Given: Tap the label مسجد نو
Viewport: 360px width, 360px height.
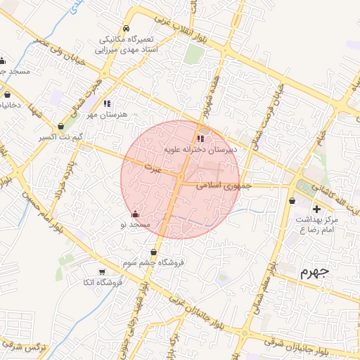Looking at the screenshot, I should click(x=136, y=224).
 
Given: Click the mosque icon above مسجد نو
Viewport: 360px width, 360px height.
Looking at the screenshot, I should click(x=136, y=213).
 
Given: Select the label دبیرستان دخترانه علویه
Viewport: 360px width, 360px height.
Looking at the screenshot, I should click(x=201, y=149).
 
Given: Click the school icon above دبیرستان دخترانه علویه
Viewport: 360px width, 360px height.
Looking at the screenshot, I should click(x=201, y=139).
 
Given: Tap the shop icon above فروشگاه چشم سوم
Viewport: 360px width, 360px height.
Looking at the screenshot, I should click(x=153, y=252).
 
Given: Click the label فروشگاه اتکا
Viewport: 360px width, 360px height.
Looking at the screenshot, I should click(x=103, y=282).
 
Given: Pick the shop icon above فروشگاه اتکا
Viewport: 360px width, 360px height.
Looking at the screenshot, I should click(x=103, y=271).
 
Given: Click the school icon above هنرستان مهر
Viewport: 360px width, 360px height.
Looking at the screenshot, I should click(x=107, y=103).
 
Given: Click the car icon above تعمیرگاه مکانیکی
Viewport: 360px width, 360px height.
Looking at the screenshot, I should click(x=126, y=27).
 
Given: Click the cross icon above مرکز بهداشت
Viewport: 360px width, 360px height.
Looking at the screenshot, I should click(x=316, y=209).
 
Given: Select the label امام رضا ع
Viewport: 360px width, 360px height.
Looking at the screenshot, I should click(x=314, y=230).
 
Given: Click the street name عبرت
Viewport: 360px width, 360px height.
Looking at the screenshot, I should click(x=153, y=169).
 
